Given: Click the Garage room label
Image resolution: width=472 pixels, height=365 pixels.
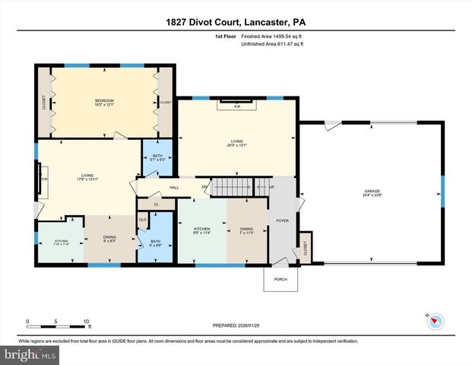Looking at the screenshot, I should (372, 192).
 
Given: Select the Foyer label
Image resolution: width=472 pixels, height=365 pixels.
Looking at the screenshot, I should (284, 223).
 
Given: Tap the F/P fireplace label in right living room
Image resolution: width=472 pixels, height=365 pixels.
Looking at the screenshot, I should (229, 107).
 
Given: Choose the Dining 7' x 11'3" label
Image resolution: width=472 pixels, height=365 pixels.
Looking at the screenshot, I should (246, 230).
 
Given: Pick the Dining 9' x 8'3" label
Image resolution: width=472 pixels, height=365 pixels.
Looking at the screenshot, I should (109, 238).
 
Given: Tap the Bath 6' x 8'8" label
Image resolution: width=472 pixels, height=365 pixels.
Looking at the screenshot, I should (156, 243).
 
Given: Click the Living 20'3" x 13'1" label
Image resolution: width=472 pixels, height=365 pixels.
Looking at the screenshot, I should (236, 142).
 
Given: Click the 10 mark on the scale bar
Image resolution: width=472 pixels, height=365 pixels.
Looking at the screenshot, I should (87, 322).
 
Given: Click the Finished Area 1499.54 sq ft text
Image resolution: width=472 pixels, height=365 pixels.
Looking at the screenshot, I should (272, 36).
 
